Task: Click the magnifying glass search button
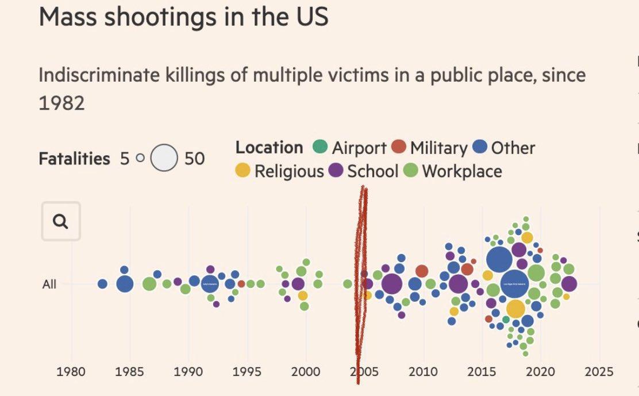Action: pyautogui.click(x=61, y=221)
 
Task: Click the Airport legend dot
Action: pyautogui.click(x=320, y=147)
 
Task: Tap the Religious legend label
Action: pyautogui.click(x=289, y=171)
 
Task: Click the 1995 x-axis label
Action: pyautogui.click(x=247, y=370)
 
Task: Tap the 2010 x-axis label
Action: pyautogui.click(x=423, y=370)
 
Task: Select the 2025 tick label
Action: pyautogui.click(x=599, y=370)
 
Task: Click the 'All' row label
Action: pyautogui.click(x=49, y=284)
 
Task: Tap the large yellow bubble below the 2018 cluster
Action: pyautogui.click(x=515, y=309)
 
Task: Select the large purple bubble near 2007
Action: pyautogui.click(x=391, y=283)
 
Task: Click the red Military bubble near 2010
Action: pyautogui.click(x=422, y=271)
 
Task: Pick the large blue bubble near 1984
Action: pyautogui.click(x=125, y=284)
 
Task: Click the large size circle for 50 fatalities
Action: pyautogui.click(x=164, y=158)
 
